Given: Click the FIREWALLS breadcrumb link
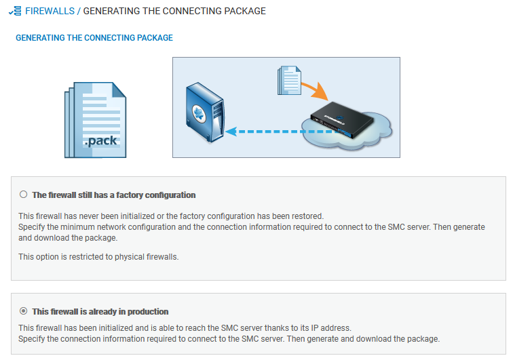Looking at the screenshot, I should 50,12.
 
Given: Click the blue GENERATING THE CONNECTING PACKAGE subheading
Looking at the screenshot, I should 94,38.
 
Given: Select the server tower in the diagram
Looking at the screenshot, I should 205,111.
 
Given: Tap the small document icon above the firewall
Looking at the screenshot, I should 288,79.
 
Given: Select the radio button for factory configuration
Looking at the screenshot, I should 24,195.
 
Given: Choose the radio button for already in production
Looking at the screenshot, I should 24,311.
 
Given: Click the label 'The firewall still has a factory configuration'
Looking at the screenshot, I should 114,195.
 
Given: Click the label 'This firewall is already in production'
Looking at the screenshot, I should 100,312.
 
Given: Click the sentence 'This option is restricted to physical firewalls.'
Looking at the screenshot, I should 98,257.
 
